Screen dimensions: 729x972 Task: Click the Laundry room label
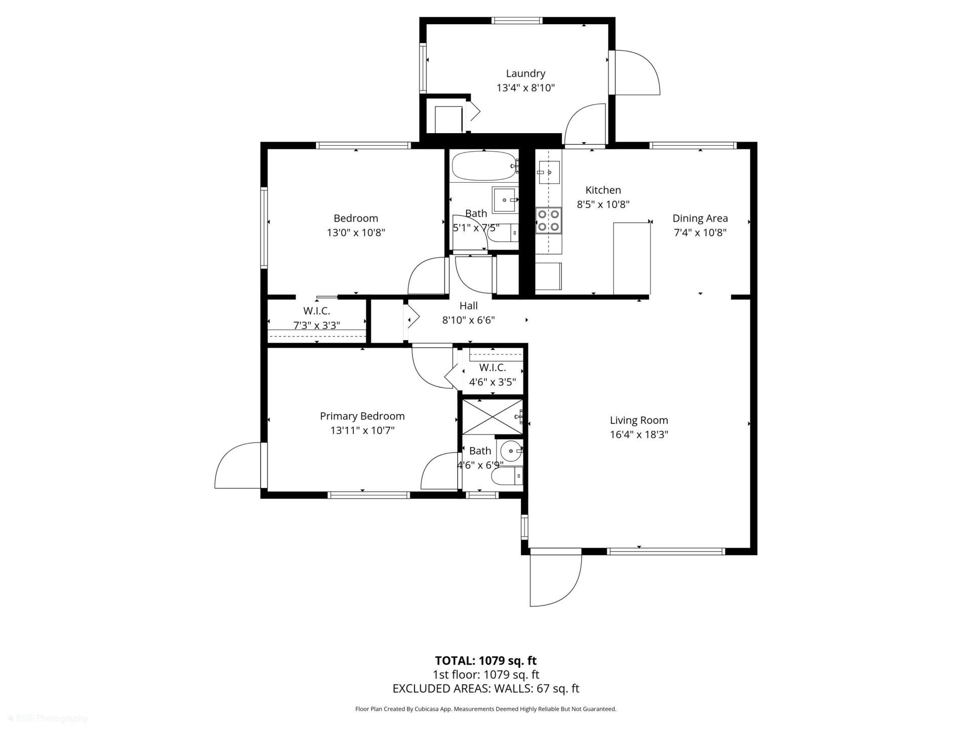(525, 74)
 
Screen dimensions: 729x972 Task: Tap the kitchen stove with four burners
(549, 221)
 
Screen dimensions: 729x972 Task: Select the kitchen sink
(549, 173)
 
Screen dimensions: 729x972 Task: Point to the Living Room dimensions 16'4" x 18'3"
(639, 434)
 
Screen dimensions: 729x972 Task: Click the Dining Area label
(700, 218)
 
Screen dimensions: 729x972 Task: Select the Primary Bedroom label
(362, 416)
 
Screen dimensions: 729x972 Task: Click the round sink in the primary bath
(510, 450)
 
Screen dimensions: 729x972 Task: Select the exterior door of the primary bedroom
(238, 466)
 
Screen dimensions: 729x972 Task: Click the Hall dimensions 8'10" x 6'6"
(468, 320)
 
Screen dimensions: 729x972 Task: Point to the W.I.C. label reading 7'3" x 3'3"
(316, 325)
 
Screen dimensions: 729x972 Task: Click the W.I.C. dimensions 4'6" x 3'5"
(492, 382)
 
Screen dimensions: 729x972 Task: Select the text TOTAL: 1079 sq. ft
(485, 661)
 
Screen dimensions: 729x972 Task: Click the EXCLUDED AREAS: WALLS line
(485, 688)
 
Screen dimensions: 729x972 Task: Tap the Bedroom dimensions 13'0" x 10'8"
(356, 233)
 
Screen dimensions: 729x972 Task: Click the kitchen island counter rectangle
(631, 258)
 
